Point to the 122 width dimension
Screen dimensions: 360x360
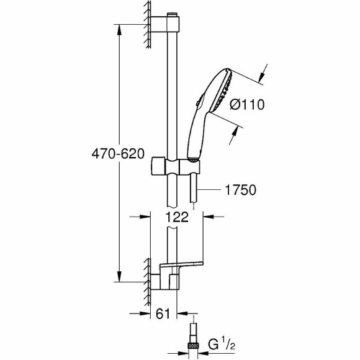point(177,217)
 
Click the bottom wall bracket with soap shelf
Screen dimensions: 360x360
point(169,276)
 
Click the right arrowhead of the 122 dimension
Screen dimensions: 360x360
point(208,217)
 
